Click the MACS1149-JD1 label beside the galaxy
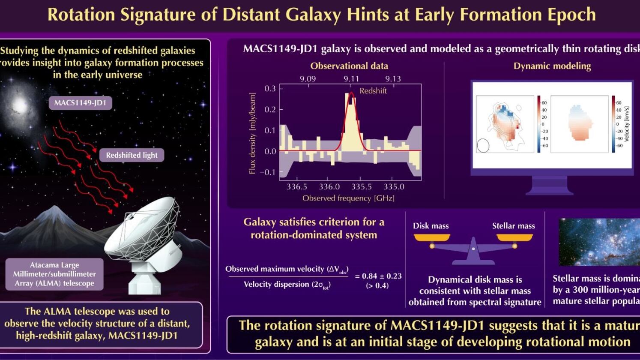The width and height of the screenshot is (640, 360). coord(80,103)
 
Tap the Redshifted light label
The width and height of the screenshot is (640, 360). coord(132,155)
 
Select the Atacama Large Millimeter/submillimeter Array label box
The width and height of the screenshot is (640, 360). coord(54,274)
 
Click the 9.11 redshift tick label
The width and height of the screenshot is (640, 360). coord(351,79)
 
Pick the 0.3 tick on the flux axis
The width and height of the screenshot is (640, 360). coord(270,89)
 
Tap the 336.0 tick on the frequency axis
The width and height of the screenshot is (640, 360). coord(329,187)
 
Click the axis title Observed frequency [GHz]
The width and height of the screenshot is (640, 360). coord(348,198)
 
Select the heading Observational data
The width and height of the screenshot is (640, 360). coord(349,66)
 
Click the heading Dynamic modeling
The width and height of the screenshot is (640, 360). coord(552,66)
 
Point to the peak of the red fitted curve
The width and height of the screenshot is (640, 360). coord(351,93)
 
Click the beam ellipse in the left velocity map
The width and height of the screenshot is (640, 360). coord(483,145)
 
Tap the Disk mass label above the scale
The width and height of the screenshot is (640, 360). coord(431,226)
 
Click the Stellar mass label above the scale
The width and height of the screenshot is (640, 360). coord(513,226)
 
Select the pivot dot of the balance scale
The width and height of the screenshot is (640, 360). coord(473,249)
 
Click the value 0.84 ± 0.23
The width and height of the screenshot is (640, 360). coord(378,276)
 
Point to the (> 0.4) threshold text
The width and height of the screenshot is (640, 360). coord(377,286)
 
